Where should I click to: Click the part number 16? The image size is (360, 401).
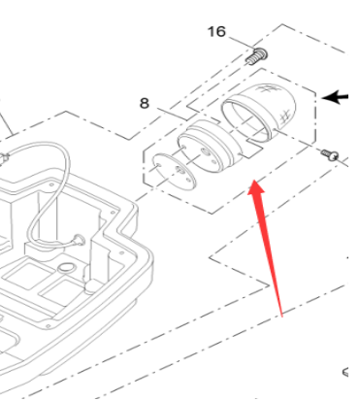click(x=215, y=32)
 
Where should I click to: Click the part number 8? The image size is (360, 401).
click(x=144, y=101)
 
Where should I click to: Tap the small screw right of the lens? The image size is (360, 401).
click(x=330, y=153)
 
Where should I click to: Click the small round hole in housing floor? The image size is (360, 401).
click(x=67, y=266)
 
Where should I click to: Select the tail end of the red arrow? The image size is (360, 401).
click(x=281, y=315)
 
